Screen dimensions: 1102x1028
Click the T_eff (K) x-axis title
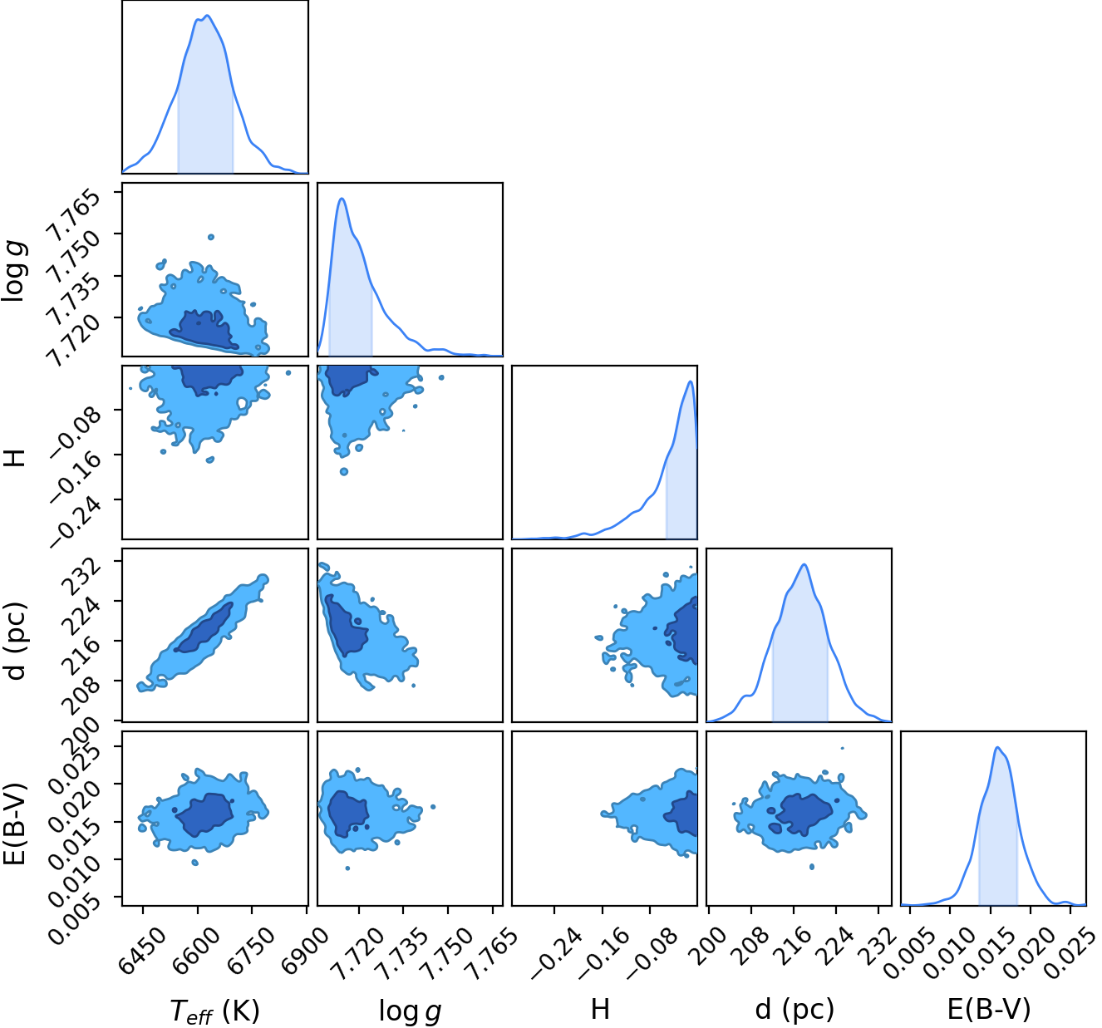(x=214, y=1010)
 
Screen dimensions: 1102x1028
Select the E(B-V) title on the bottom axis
(x=988, y=1009)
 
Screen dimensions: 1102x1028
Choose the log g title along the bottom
(x=410, y=1011)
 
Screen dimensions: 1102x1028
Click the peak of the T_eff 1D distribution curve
(x=206, y=16)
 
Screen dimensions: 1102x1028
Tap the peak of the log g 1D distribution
(x=342, y=198)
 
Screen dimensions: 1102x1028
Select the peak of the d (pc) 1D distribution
(x=804, y=564)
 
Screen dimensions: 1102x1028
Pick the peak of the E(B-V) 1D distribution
(x=997, y=747)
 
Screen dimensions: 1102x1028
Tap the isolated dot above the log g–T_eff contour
(x=211, y=237)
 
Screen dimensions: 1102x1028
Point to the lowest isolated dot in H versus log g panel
(x=343, y=472)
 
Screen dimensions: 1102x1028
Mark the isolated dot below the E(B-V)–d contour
(x=812, y=867)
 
